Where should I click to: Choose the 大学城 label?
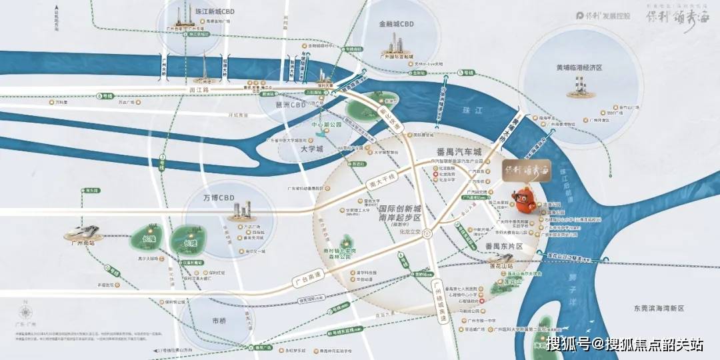pyautogui.click(x=311, y=150)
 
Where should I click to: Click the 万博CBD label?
pyautogui.click(x=219, y=198)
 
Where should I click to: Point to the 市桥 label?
pyautogui.click(x=219, y=321)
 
